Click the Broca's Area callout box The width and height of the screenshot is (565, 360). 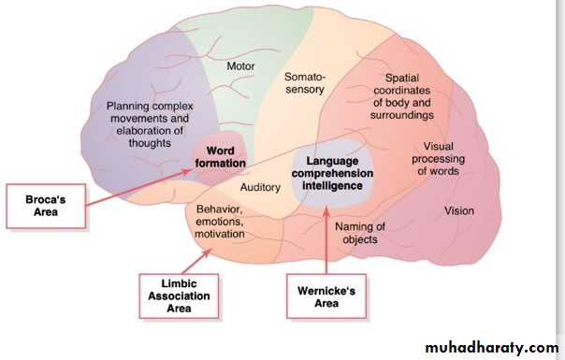tap(46, 206)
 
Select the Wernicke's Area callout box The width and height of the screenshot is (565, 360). tap(326, 296)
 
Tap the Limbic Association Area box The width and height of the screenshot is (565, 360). tap(179, 296)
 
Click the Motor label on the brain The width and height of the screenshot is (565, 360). tap(240, 66)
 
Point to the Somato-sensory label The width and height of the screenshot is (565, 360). tap(304, 83)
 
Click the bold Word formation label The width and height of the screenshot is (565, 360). tap(220, 157)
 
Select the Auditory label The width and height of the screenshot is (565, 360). tap(260, 187)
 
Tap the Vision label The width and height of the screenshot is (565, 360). tap(459, 210)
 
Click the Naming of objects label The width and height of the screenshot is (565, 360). tap(360, 233)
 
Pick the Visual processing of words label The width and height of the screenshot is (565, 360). tap(438, 159)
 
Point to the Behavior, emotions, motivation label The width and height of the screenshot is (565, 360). tap(220, 222)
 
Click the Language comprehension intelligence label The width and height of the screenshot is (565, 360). tap(332, 173)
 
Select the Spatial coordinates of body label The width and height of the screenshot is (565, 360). tap(402, 96)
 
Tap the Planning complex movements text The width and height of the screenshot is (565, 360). tap(150, 124)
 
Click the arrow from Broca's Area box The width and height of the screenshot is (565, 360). tap(138, 187)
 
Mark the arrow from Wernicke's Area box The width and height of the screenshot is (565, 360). tap(326, 240)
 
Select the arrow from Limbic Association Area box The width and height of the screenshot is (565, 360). tap(196, 261)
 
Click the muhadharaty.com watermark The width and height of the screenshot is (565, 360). tap(492, 348)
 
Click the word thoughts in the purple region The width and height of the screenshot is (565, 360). tap(150, 143)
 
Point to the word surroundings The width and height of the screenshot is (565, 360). tap(402, 115)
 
